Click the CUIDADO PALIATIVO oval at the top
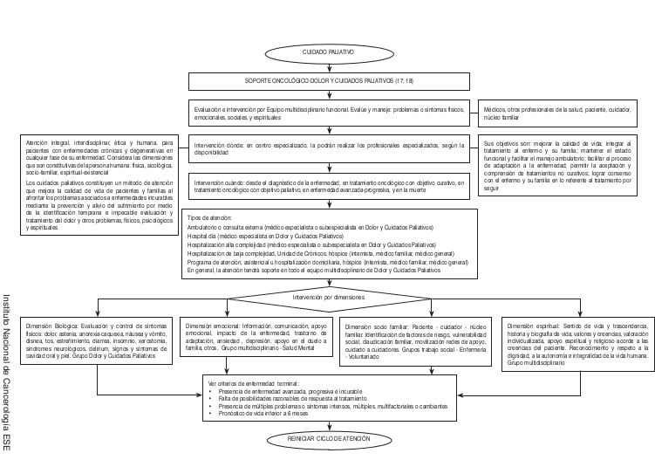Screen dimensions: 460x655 point(328,52)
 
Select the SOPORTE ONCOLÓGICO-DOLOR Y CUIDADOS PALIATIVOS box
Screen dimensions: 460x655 point(328,81)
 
